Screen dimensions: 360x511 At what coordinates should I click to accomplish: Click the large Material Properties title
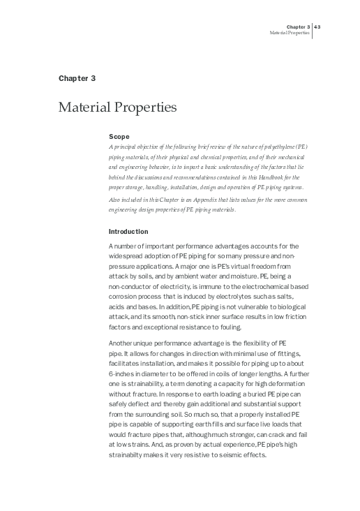[117, 108]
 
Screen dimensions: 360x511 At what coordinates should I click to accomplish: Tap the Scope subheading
[119, 137]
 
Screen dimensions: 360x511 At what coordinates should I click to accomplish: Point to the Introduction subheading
[129, 232]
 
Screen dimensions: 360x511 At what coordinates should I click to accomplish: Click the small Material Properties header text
[290, 33]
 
